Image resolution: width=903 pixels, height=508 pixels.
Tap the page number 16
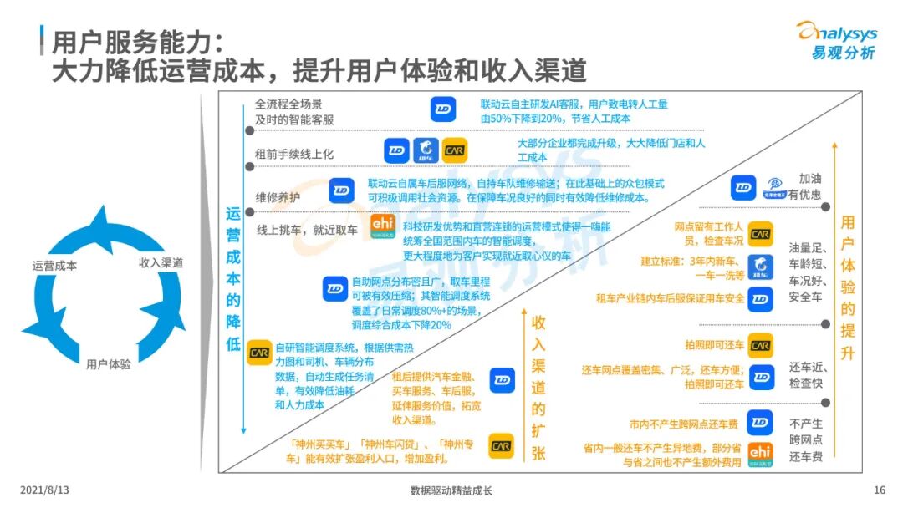879,490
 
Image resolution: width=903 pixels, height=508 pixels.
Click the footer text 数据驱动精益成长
451,490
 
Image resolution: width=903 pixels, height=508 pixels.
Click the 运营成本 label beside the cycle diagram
54,266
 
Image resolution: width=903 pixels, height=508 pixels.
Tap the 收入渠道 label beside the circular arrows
161,262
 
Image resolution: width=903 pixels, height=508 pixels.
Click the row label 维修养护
278,198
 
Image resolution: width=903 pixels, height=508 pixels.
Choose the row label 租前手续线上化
294,154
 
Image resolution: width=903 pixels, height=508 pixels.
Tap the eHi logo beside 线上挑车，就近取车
382,227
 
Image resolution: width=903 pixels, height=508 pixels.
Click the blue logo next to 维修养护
341,190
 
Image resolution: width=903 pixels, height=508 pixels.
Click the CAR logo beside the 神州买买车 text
501,446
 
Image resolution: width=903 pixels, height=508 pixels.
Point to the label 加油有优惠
809,186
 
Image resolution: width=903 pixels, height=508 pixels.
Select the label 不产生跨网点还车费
806,439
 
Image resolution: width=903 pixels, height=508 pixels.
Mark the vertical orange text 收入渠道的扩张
538,387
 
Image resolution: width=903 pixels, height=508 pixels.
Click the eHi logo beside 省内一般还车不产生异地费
760,453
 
